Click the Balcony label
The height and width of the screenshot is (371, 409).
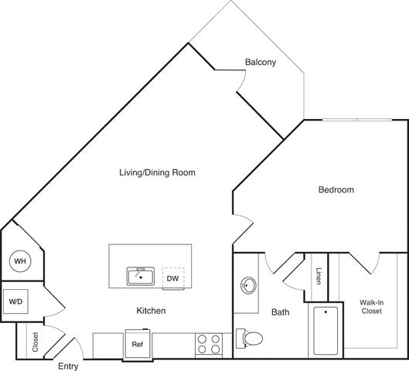(x=261, y=62)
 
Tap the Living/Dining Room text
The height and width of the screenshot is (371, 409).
(x=157, y=172)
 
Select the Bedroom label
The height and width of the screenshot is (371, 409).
(x=336, y=189)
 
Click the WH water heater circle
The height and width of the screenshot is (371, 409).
(x=20, y=261)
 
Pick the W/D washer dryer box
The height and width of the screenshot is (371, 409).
(x=15, y=301)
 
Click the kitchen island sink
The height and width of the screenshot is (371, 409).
(x=141, y=277)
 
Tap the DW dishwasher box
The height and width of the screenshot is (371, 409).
(x=173, y=278)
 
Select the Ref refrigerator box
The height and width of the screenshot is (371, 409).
(x=138, y=345)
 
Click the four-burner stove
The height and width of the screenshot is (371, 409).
(x=209, y=344)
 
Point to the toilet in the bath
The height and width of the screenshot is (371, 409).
(x=249, y=339)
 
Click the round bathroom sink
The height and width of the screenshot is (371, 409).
(x=248, y=285)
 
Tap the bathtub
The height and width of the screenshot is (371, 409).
(x=325, y=331)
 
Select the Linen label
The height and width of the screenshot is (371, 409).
(x=319, y=276)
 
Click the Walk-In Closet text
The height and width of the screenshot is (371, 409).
(x=372, y=307)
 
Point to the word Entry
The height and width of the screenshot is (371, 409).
(x=68, y=366)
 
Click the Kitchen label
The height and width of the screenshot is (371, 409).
(x=151, y=311)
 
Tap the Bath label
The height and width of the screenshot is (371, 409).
(x=281, y=312)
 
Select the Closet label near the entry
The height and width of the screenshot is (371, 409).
(x=36, y=342)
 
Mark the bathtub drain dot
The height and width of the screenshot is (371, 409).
(x=325, y=311)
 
